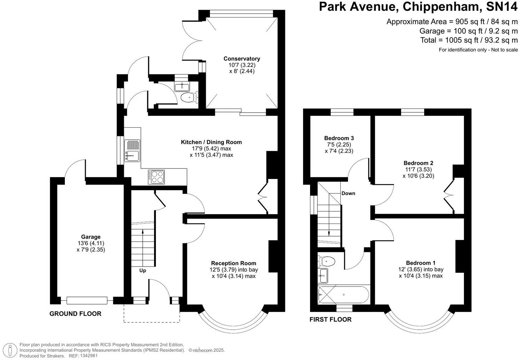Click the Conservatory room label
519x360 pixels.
(242, 59)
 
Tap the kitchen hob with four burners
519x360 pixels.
(156, 177)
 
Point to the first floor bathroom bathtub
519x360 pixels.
(344, 295)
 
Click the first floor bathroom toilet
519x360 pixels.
(326, 262)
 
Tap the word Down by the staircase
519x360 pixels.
(348, 194)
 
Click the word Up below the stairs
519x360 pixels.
(143, 271)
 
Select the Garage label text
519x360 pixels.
(91, 237)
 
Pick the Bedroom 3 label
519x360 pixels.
(339, 138)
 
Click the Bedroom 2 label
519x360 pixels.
(419, 163)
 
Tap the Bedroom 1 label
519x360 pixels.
(421, 263)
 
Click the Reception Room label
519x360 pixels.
(234, 263)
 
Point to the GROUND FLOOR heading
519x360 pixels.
(76, 314)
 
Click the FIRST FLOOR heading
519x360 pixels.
(331, 320)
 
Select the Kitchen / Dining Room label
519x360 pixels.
(211, 142)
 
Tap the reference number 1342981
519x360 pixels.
(89, 355)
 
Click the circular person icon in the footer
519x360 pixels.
(10, 350)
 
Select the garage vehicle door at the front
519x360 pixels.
(87, 300)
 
